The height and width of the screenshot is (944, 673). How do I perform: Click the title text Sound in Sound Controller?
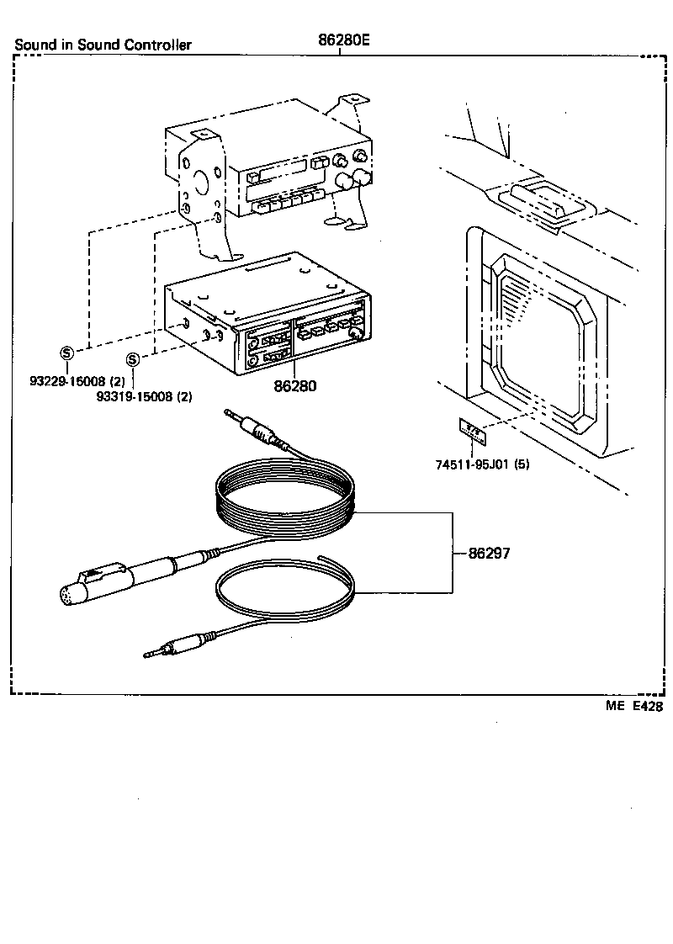[103, 45]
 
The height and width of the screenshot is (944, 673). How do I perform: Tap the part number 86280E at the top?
[343, 40]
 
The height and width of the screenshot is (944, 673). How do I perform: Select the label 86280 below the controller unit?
[294, 389]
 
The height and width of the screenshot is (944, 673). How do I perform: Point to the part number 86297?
[490, 554]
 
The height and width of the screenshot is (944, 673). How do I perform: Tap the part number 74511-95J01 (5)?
[483, 464]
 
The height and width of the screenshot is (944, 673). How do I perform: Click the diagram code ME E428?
[633, 707]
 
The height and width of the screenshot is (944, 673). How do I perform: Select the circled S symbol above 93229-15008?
[66, 352]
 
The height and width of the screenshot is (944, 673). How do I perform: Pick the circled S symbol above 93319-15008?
[132, 360]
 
